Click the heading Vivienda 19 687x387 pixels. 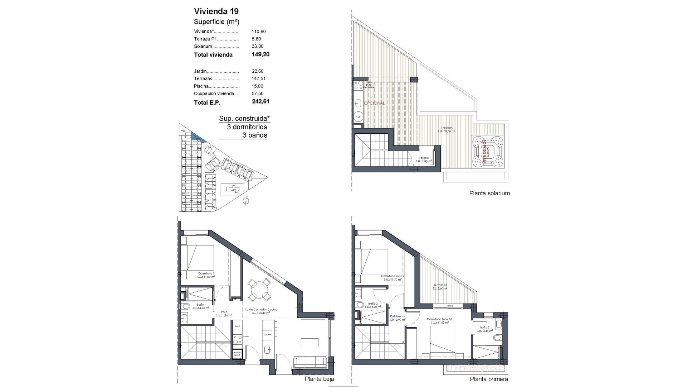(x=216, y=11)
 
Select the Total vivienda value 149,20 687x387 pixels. (x=260, y=54)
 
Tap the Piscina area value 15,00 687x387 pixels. (x=257, y=86)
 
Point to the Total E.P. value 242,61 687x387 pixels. (x=260, y=101)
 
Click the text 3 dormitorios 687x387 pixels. (x=247, y=127)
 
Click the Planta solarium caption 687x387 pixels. (x=489, y=193)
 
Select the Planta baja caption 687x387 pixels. (x=319, y=379)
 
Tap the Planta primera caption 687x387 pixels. (x=489, y=379)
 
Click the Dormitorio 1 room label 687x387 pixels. (x=206, y=273)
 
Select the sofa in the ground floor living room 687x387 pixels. (x=310, y=362)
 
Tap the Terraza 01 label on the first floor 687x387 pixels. (x=440, y=285)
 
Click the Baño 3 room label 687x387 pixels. (x=484, y=328)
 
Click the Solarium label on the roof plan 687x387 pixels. (x=447, y=128)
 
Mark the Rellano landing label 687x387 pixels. (x=424, y=158)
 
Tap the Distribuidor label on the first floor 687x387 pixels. (x=397, y=316)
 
